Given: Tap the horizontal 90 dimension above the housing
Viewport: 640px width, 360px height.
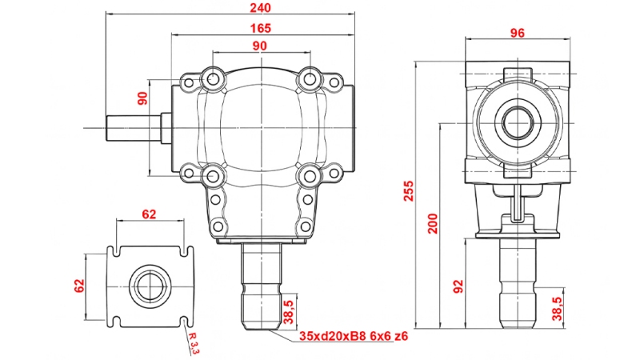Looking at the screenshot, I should click(260, 46).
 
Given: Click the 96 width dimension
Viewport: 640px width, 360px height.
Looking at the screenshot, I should click(517, 33).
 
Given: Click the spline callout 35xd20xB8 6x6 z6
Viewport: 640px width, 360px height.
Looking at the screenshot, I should click(353, 336).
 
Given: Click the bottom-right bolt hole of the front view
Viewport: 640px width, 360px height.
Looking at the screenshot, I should click(308, 174).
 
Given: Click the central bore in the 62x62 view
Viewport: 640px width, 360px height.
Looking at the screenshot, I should click(150, 286).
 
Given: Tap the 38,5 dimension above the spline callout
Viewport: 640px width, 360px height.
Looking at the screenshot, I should click(289, 307).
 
